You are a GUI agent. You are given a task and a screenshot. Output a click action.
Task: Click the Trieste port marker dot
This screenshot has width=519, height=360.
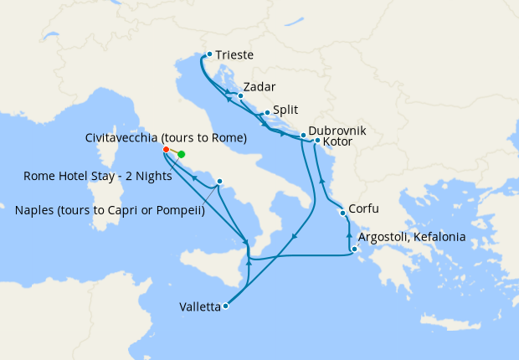pyautogui.click(x=209, y=54)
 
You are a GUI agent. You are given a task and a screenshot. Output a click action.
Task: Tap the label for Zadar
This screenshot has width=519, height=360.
pyautogui.click(x=259, y=86)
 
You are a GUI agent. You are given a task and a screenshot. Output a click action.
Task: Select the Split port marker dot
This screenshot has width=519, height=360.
pyautogui.click(x=267, y=113)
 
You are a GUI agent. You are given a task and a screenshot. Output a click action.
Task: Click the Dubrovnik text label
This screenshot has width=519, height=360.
pyautogui.click(x=337, y=131)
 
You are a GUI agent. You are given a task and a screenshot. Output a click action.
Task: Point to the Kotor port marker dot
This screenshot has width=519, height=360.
pyautogui.click(x=317, y=141)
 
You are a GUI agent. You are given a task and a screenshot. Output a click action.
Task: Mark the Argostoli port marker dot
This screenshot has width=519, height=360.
pyautogui.click(x=355, y=249)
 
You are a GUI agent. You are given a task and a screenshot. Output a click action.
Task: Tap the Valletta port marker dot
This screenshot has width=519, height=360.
pyautogui.click(x=225, y=306)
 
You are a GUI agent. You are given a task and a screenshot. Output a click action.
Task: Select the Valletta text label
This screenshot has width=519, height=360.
pyautogui.click(x=200, y=307)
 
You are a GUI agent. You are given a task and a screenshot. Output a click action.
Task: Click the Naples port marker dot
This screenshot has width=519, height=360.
pyautogui.click(x=219, y=182)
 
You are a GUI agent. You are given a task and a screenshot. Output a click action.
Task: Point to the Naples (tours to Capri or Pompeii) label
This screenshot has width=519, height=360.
pyautogui.click(x=110, y=210)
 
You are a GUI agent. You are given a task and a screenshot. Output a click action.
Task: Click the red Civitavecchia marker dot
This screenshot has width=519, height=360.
pyautogui.click(x=166, y=150)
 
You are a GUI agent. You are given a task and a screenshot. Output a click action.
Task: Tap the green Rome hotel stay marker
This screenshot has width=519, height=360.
pyautogui.click(x=181, y=154)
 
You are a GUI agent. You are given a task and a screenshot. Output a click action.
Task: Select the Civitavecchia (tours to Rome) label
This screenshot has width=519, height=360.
pyautogui.click(x=166, y=137)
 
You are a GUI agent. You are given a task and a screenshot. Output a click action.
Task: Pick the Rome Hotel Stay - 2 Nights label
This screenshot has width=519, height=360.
pyautogui.click(x=98, y=177)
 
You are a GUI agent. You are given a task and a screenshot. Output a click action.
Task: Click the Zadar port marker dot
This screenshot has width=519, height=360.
pyautogui.click(x=240, y=95)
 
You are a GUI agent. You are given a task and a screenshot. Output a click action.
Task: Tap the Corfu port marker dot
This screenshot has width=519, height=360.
pyautogui.click(x=342, y=213)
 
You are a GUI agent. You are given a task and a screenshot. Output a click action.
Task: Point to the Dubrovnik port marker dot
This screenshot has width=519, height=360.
pyautogui.click(x=303, y=134)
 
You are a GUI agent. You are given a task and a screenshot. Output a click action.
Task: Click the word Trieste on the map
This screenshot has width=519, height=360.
pyautogui.click(x=234, y=56)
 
